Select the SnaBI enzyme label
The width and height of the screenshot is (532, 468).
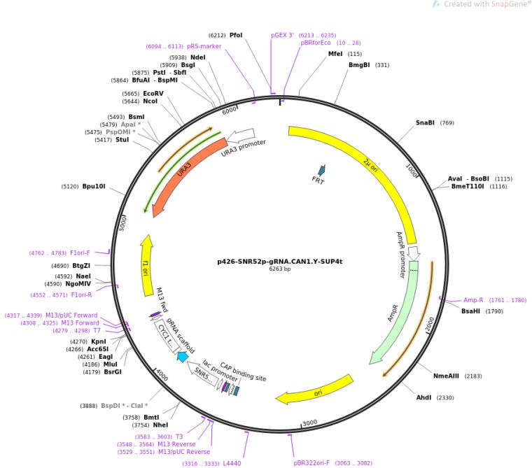click(x=425, y=123)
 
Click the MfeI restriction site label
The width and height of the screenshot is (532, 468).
click(x=335, y=54)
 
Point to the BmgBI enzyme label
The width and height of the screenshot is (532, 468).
click(x=359, y=65)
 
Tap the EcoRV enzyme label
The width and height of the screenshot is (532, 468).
click(x=153, y=93)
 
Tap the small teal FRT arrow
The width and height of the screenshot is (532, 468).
click(x=321, y=170)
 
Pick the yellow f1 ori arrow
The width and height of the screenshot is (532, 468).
click(x=146, y=266)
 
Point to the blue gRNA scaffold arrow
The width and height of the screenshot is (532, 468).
click(x=183, y=357)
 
